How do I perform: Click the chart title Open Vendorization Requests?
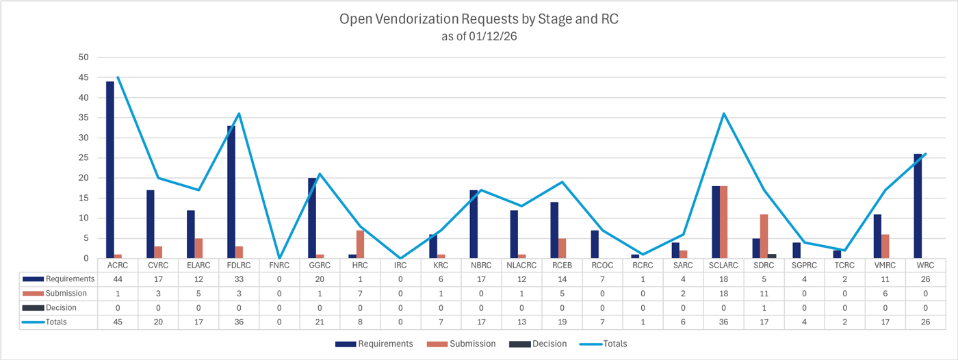point(478,19)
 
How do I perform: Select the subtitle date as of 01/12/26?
point(478,37)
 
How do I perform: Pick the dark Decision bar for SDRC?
point(772,256)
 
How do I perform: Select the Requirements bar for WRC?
point(918,206)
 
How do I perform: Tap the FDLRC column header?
point(239,265)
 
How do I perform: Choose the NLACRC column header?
point(521,265)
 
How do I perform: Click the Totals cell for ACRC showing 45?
point(118,322)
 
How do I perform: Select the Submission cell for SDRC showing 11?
point(764,293)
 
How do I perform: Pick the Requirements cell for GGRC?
point(320,279)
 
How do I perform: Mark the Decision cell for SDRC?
point(764,307)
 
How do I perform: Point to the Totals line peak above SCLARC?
point(723,114)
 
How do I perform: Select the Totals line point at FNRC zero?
point(279,258)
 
